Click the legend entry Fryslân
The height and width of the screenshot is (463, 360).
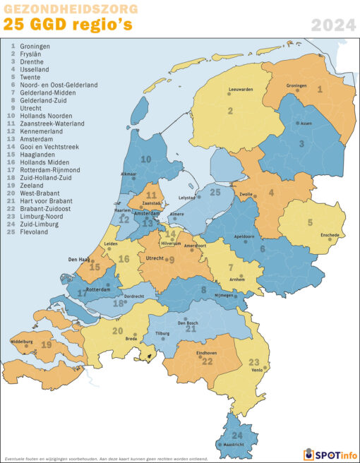pos(31,54)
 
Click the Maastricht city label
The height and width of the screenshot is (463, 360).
pos(233,445)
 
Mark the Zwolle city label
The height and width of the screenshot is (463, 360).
pos(246,193)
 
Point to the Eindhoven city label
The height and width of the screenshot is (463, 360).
pos(207,352)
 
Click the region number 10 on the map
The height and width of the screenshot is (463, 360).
pos(145,160)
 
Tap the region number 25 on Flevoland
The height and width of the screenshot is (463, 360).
pos(215,192)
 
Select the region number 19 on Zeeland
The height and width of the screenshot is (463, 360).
pos(47,345)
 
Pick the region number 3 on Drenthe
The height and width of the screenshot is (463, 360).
pos(301,143)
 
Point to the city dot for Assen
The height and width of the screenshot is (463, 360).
pos(297,123)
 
